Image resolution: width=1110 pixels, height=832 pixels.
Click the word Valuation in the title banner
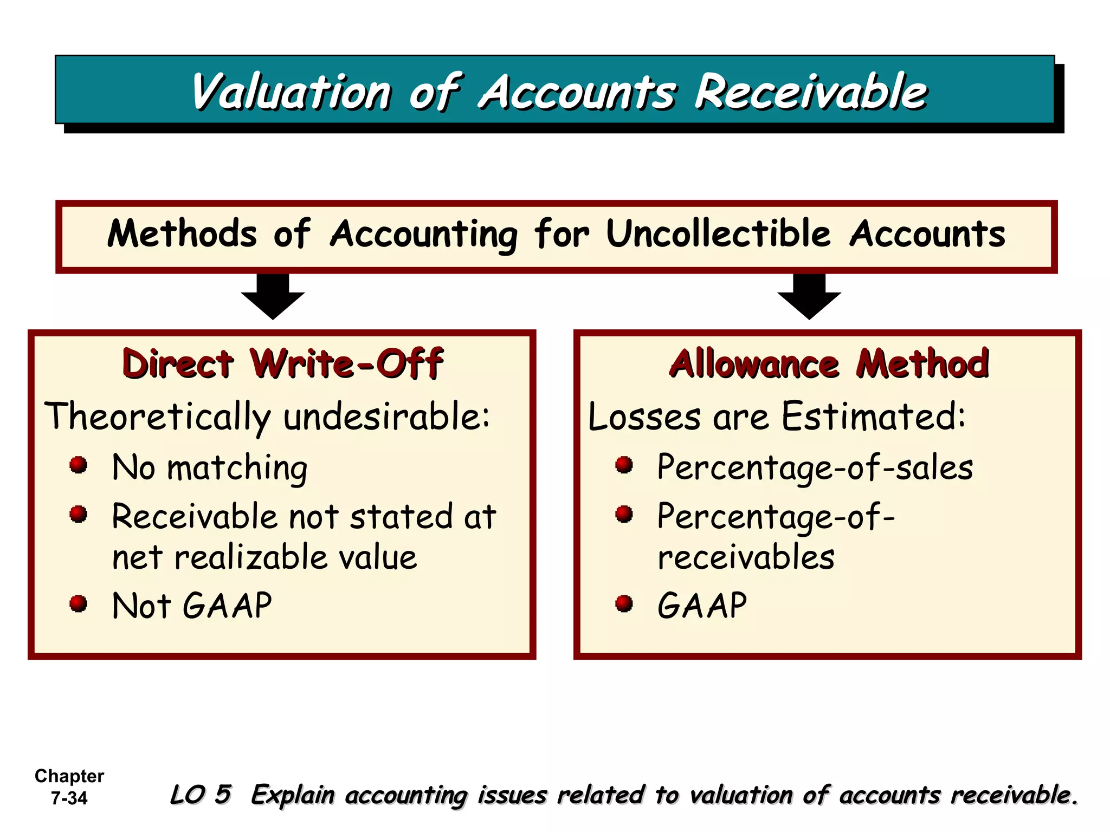291,92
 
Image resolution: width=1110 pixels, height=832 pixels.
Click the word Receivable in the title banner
811,92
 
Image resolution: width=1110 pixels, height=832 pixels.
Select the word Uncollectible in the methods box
718,234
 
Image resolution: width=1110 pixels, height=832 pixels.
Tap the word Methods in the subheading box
182,234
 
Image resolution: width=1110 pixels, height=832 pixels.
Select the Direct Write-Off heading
283,363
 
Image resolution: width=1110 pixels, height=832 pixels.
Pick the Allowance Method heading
829,363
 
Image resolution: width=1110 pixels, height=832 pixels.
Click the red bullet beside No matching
79,465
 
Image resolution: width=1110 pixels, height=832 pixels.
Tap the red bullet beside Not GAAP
79,603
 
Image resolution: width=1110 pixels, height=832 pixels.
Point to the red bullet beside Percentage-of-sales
624,465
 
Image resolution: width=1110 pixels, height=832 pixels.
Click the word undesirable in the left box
386,417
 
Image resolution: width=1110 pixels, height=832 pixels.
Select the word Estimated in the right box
873,417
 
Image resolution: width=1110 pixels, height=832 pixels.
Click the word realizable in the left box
251,558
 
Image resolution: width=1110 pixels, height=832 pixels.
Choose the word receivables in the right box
746,558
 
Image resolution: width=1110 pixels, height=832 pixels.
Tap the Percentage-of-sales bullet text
815,467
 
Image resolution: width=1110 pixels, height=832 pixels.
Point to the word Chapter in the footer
69,776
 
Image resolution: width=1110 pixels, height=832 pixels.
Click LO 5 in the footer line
201,795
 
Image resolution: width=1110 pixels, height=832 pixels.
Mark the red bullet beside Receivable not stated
79,514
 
